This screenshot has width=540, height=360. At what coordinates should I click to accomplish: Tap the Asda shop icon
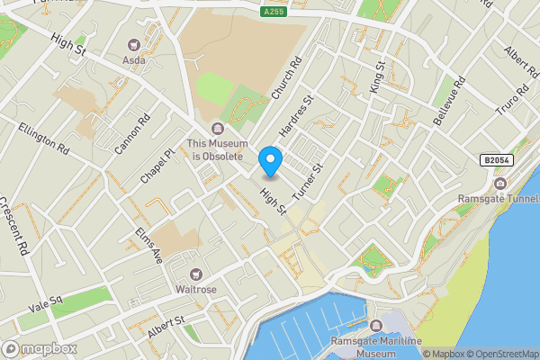135,45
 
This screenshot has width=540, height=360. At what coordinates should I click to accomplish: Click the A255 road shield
274,11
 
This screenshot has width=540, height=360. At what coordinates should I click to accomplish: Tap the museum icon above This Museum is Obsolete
217,128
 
